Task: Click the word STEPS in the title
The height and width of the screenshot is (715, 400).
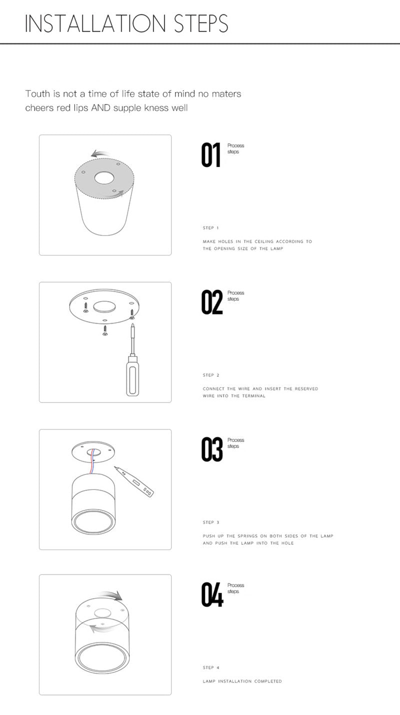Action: pos(201,23)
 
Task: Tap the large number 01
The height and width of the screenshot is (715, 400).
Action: pos(210,155)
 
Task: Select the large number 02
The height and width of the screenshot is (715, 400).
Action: pos(211,302)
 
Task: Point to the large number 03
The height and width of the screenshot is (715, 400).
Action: pos(212,449)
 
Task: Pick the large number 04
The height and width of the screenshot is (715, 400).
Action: pos(212,594)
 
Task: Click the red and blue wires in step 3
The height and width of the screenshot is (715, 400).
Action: pos(92,462)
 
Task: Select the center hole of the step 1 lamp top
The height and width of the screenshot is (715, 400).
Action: pos(104,178)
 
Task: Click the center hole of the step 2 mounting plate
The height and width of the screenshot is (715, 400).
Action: pos(104,307)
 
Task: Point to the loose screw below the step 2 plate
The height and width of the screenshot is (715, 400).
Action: pos(104,330)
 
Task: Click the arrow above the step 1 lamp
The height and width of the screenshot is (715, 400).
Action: pos(100,153)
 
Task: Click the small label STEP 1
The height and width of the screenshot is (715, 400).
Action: pos(210,228)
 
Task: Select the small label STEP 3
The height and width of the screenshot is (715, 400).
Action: pos(211,522)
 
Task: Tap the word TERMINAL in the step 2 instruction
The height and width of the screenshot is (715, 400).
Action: pos(254,396)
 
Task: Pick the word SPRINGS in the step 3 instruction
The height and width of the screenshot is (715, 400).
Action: pos(247,536)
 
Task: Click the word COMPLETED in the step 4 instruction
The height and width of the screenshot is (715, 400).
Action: pos(268,681)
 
